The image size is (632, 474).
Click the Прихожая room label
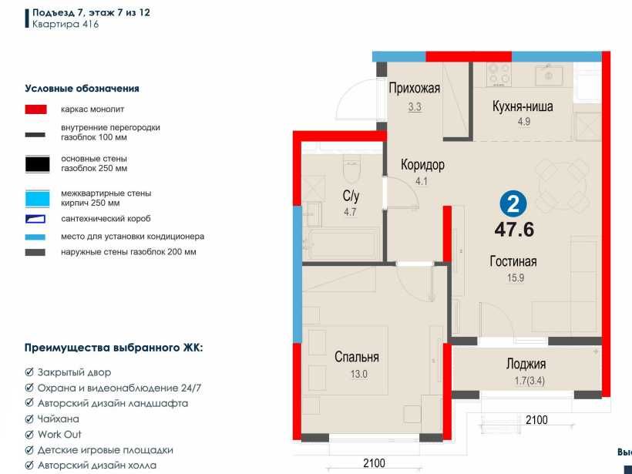415,88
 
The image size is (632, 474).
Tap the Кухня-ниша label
523,106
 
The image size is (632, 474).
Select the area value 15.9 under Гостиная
516,278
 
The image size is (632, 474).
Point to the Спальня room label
357,357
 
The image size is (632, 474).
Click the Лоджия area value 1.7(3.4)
529,381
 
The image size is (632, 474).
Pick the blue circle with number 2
513,204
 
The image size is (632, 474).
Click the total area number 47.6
514,230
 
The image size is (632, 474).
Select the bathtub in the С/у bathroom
341,244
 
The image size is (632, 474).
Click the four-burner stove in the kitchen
499,75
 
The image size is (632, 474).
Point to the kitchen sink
549,75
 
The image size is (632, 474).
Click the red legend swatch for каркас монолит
36,109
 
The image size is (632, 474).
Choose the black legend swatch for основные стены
38,164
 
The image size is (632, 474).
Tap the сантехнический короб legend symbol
35,219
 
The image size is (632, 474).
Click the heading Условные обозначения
82,89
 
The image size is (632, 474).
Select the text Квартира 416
66,24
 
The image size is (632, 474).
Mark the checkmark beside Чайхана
29,419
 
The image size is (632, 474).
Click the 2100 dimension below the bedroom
374,463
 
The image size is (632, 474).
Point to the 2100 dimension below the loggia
536,420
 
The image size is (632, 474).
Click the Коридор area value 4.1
422,181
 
